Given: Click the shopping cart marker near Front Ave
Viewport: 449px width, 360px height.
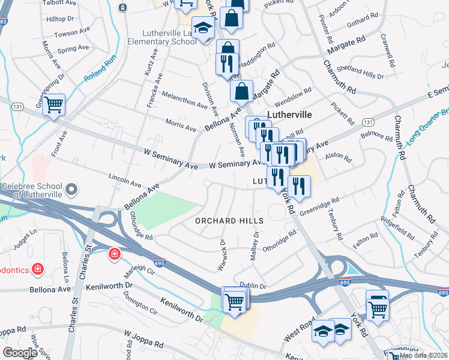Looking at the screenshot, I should click(54, 106).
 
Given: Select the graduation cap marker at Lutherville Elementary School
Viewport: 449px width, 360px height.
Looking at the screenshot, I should click(203, 29).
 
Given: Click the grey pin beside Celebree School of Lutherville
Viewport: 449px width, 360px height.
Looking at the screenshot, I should click(72, 191).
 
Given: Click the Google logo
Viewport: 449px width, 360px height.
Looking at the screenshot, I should click(20, 353).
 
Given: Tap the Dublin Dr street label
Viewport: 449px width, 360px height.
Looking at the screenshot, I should click(252, 286).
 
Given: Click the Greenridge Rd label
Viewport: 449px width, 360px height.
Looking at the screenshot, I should click(319, 206).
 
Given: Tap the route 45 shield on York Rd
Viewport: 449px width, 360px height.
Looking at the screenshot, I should click(237, 77).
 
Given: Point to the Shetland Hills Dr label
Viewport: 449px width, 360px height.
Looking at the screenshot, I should click(362, 71).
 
